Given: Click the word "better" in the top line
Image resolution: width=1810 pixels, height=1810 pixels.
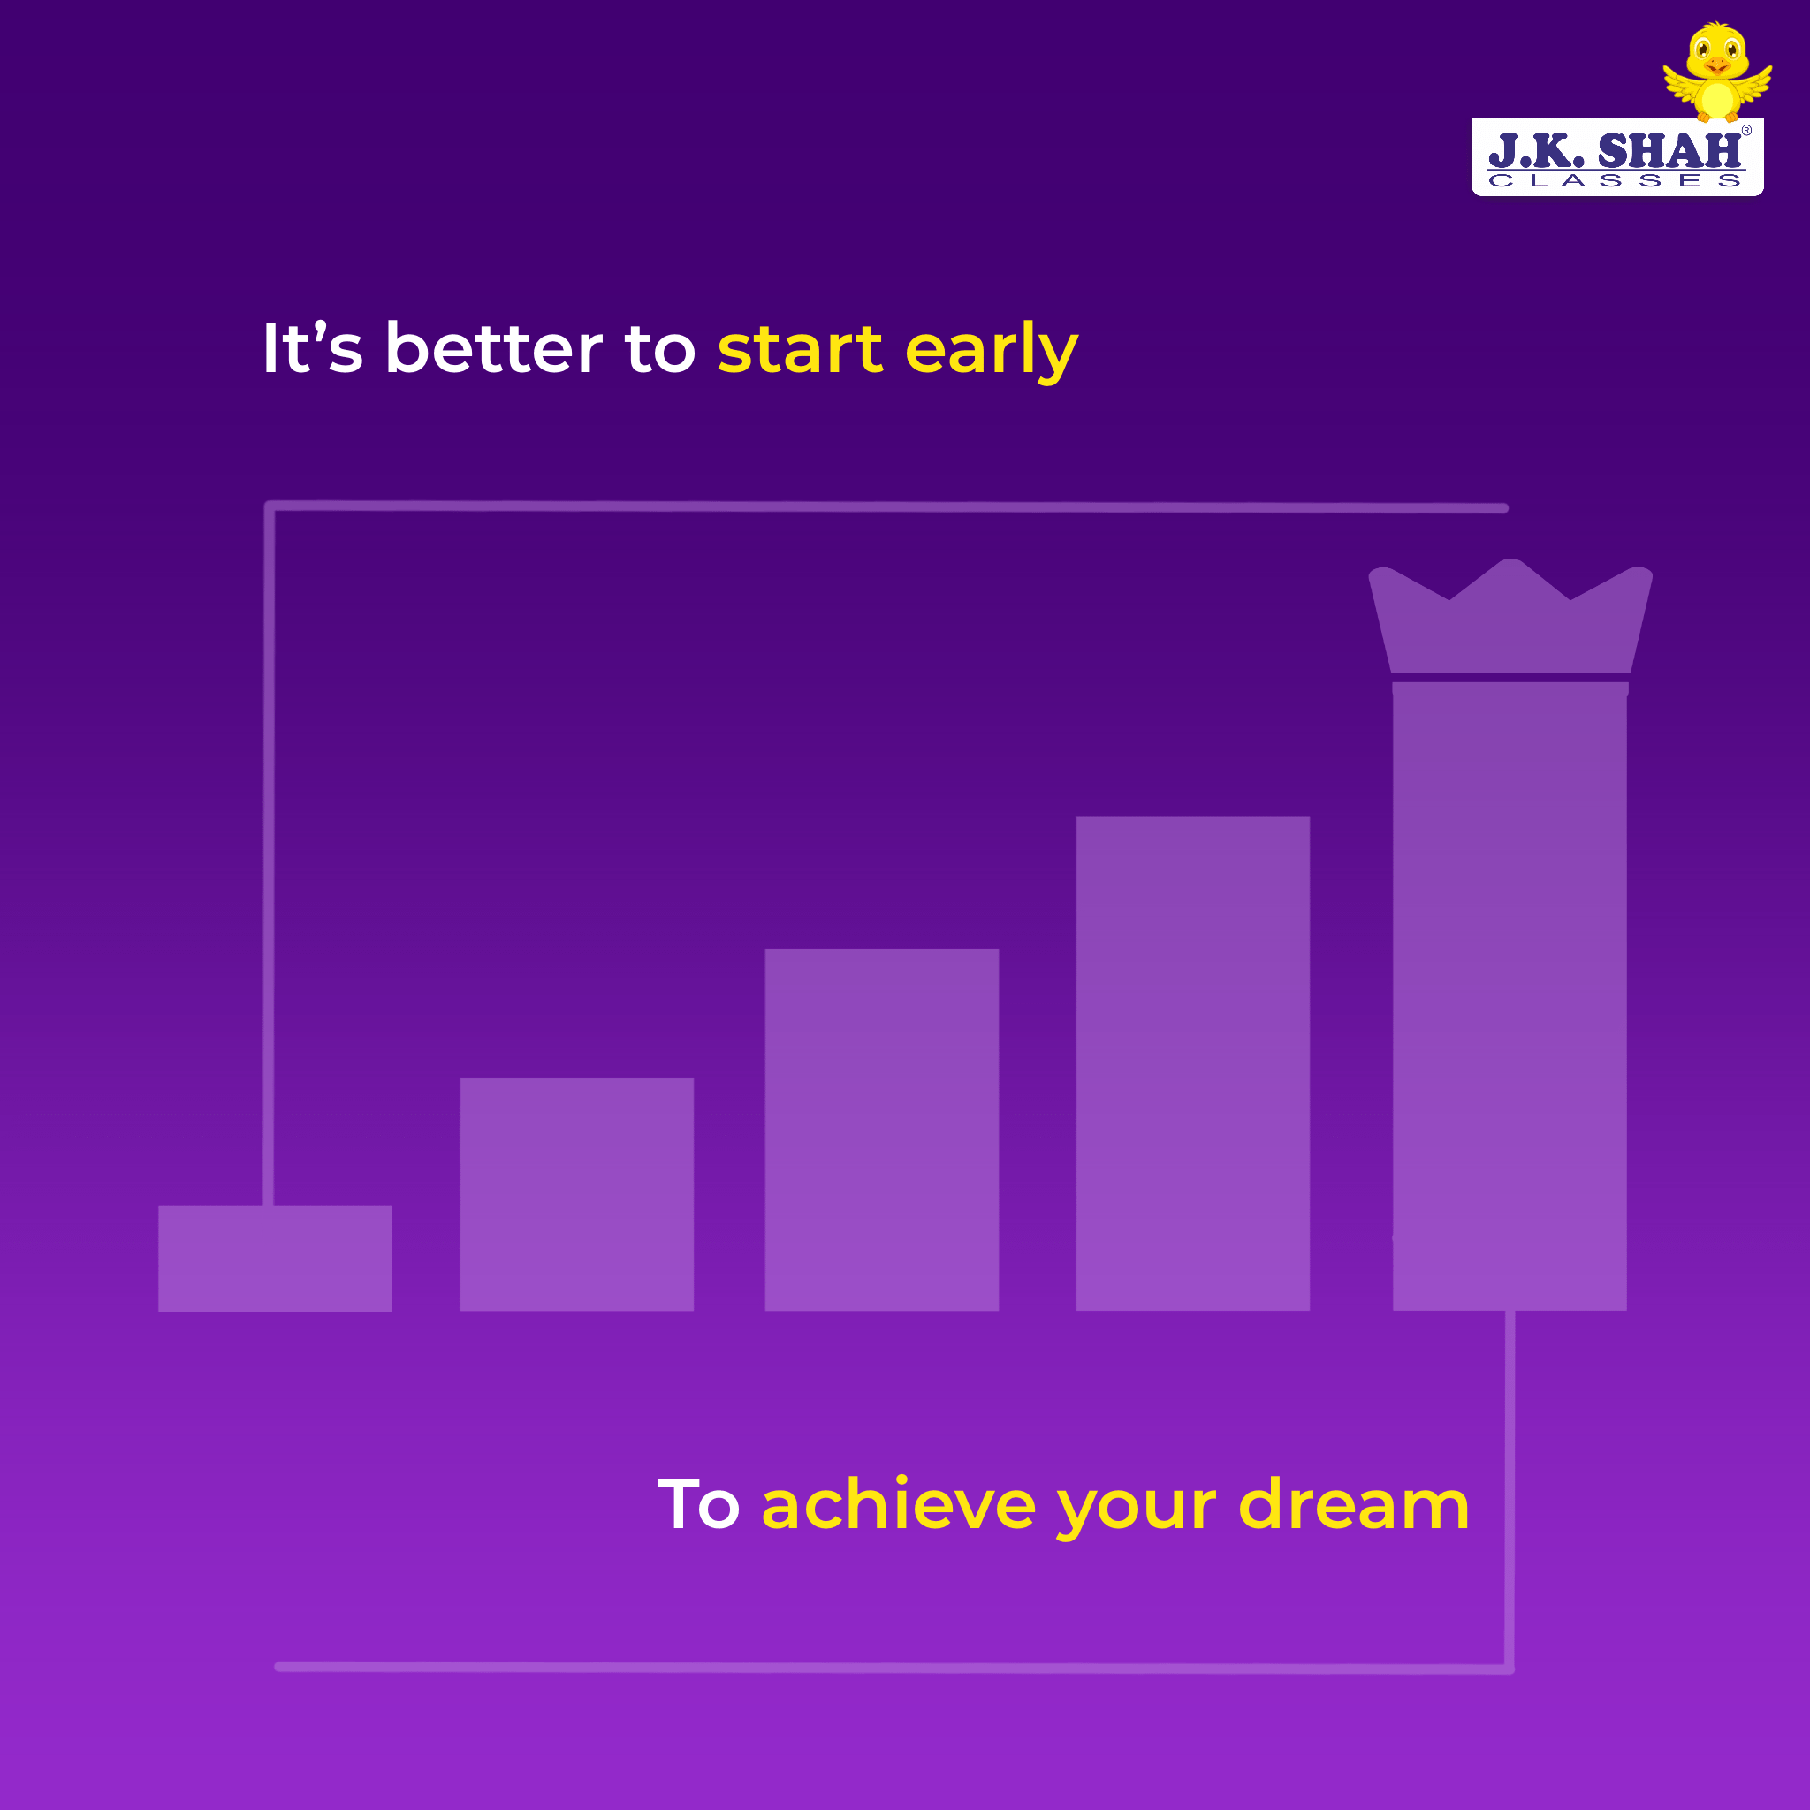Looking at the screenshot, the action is pyautogui.click(x=495, y=347).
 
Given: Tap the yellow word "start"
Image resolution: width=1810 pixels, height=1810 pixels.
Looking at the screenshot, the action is pyautogui.click(x=800, y=348).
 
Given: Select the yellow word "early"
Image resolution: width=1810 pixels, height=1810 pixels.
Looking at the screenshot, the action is pyautogui.click(x=992, y=352).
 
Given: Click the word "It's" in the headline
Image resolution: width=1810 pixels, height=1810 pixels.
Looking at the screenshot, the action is pyautogui.click(x=312, y=347).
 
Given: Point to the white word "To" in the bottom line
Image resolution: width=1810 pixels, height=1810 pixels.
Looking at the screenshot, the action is pyautogui.click(x=699, y=1504).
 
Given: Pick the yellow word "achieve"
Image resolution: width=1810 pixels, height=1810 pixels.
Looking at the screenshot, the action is pyautogui.click(x=899, y=1502).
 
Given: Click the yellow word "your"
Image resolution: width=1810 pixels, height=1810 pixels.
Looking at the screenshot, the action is pyautogui.click(x=1137, y=1510).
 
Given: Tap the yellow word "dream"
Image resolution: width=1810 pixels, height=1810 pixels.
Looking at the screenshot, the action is pyautogui.click(x=1354, y=1502).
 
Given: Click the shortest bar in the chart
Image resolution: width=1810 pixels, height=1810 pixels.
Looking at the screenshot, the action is pyautogui.click(x=276, y=1259).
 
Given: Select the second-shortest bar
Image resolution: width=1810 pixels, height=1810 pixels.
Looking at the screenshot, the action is pyautogui.click(x=577, y=1195).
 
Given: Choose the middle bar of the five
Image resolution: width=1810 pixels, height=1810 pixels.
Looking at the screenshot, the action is pyautogui.click(x=881, y=1129).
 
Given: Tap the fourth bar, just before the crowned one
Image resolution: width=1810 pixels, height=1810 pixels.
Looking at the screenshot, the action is pyautogui.click(x=1192, y=1063).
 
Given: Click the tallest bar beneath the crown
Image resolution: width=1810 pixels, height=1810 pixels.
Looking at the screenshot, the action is pyautogui.click(x=1510, y=996).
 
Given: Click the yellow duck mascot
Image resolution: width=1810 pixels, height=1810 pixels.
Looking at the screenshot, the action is pyautogui.click(x=1717, y=73).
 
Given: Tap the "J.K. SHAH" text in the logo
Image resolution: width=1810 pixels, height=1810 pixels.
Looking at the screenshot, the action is pyautogui.click(x=1616, y=150).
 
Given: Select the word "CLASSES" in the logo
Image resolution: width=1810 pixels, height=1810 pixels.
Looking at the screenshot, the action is pyautogui.click(x=1616, y=180).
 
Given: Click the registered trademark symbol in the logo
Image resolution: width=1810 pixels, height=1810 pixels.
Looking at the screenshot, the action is pyautogui.click(x=1746, y=131).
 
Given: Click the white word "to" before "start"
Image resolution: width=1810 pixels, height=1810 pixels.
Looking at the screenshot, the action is pyautogui.click(x=660, y=349).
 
